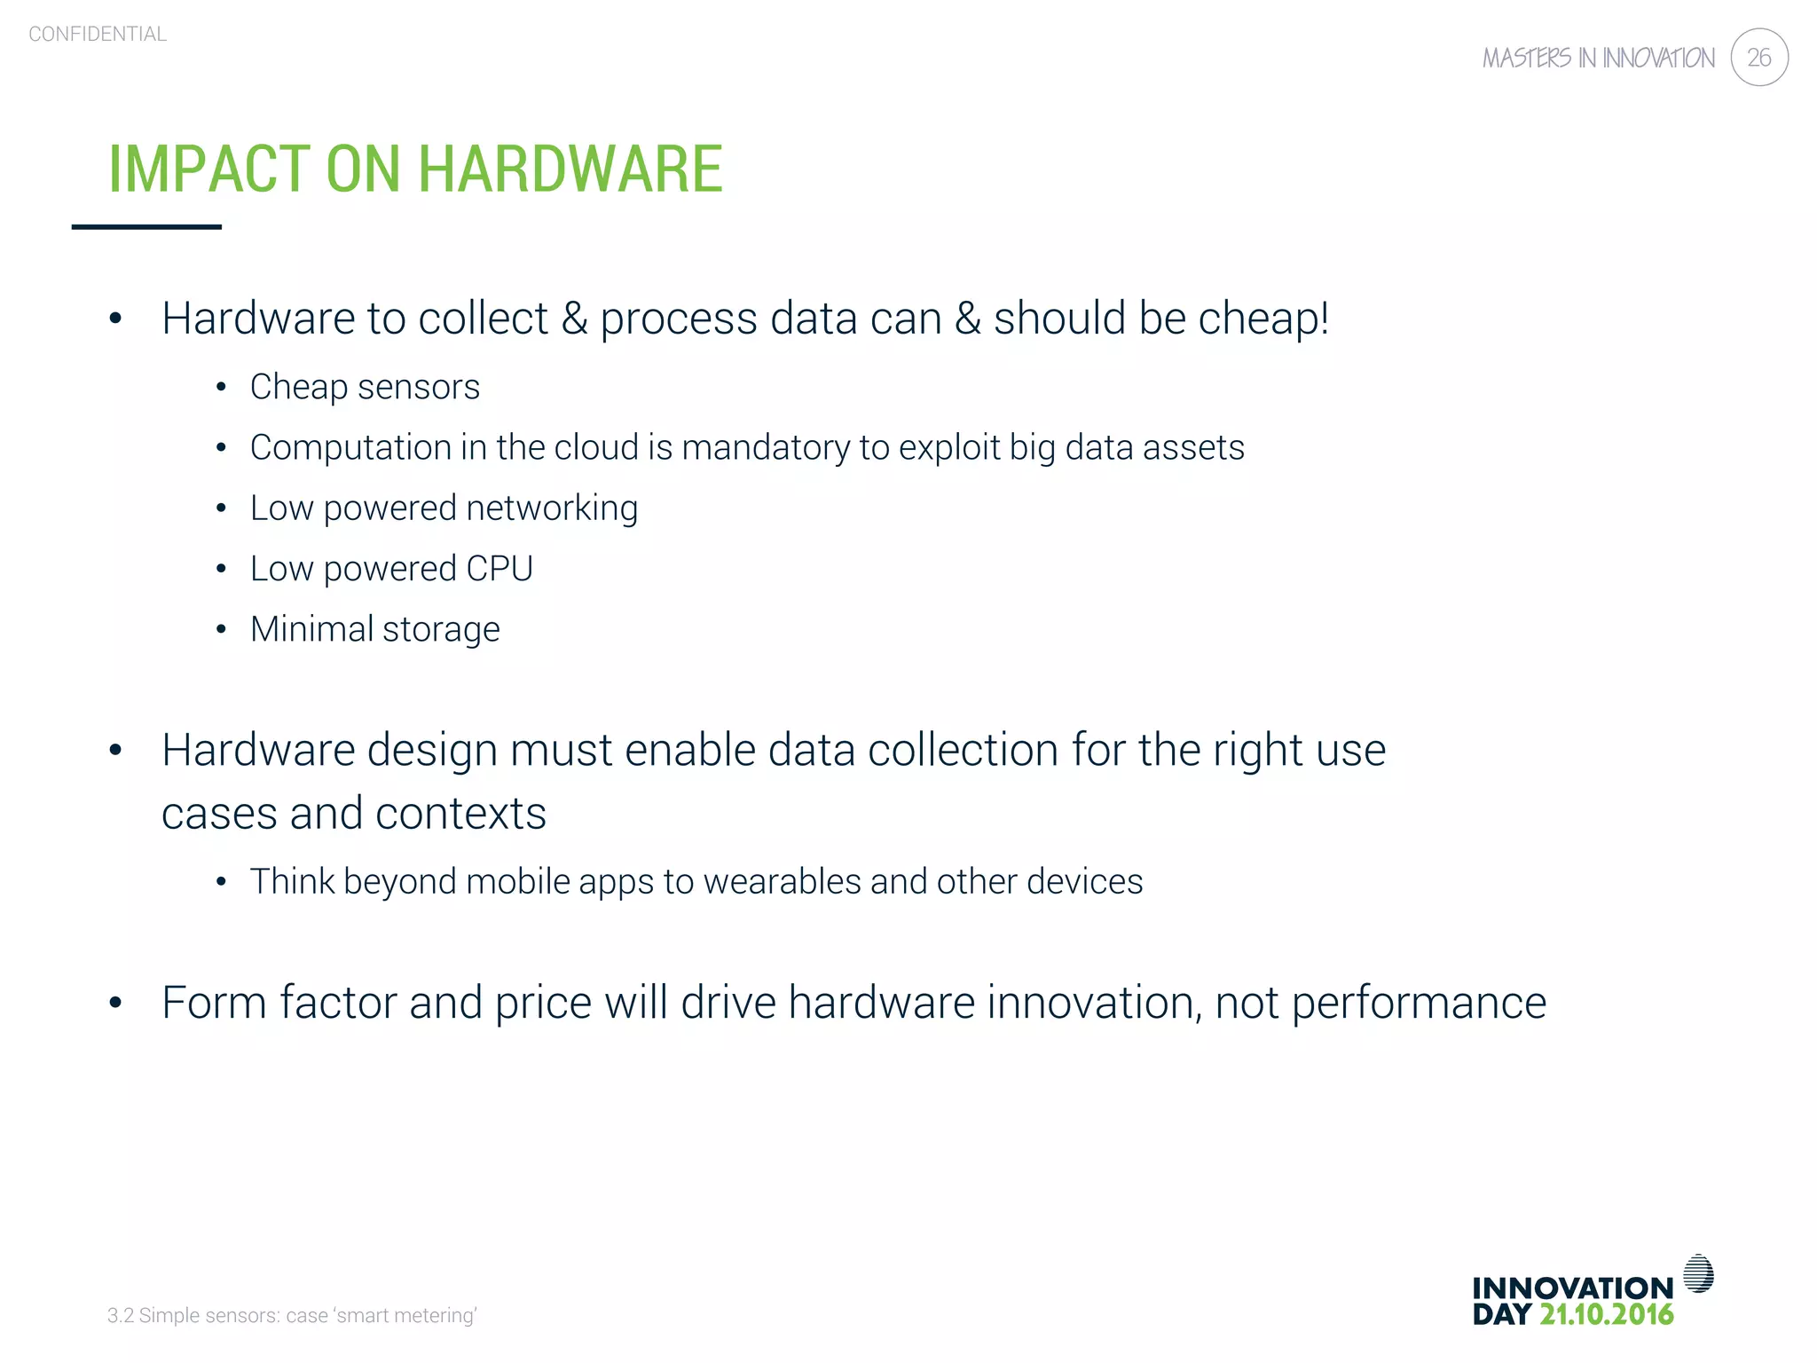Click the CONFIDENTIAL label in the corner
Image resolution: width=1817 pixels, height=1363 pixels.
(x=98, y=35)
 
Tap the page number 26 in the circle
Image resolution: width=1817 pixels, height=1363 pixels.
(x=1758, y=58)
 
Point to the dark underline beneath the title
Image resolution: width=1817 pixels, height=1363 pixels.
(x=146, y=227)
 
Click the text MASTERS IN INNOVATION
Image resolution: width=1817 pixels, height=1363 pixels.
(x=1598, y=59)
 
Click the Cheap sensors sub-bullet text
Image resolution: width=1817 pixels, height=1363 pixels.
(x=365, y=388)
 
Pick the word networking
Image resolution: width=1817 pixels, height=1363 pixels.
(x=551, y=508)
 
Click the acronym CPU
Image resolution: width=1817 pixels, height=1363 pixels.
(x=499, y=569)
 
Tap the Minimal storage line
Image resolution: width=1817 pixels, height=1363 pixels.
(x=374, y=630)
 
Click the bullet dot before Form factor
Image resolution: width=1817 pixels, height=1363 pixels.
(x=115, y=1004)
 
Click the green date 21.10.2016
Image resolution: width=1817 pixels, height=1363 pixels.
(x=1606, y=1315)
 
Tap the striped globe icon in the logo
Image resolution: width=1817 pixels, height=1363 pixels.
(x=1698, y=1273)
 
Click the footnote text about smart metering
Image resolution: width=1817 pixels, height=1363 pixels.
(x=292, y=1316)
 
